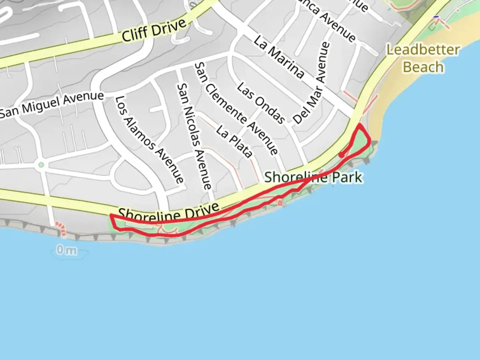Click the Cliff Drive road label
pos(154,31)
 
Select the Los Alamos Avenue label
pos(149,140)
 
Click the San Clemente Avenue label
pos(236,109)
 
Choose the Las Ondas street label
pos(261,102)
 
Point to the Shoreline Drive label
pos(169,212)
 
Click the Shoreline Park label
pos(313,177)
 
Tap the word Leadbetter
pos(423,50)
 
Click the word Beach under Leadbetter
pos(423,67)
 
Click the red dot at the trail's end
pos(341,155)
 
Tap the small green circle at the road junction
pos(41,165)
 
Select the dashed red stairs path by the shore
pos(60,229)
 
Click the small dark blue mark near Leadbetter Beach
pos(436,17)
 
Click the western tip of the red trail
pos(111,216)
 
